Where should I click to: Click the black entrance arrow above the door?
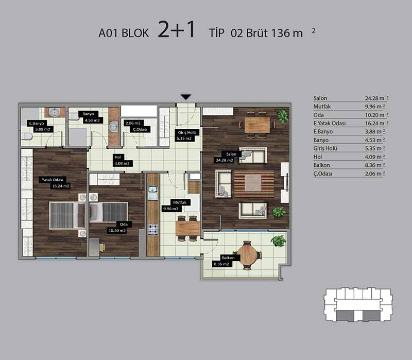pos(186,97)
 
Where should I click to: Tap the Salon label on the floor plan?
pos(231,154)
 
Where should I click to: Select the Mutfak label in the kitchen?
pos(180,202)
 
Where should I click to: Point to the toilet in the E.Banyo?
pos(27,136)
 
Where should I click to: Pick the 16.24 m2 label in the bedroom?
pos(61,186)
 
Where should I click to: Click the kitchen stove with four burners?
pos(153,229)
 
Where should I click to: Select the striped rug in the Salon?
pos(253,184)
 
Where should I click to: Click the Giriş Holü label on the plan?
pos(187,132)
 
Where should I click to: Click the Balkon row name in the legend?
pos(321,165)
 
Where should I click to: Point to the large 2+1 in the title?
pos(177,29)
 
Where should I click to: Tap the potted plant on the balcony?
pos(278,241)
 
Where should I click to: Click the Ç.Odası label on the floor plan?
pos(140,129)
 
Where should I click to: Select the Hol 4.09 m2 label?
pos(122,160)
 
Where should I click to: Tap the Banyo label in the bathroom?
pos(88,114)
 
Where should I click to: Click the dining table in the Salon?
pos(257,125)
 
